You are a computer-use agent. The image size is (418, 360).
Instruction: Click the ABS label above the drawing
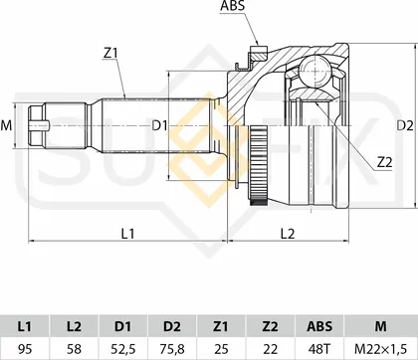[x=232, y=6]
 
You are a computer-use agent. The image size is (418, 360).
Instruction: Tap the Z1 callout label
[x=110, y=53]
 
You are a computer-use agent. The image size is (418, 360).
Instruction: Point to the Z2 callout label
[x=385, y=162]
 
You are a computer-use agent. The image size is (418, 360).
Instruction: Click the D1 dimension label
[x=160, y=126]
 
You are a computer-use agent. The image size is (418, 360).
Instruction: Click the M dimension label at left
[x=6, y=126]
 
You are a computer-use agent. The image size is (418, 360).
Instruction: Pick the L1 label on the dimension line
[x=127, y=234]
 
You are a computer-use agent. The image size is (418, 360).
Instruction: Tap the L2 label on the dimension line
[x=288, y=234]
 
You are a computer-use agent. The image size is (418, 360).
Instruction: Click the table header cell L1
[x=25, y=326]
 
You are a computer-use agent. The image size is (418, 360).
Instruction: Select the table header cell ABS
[x=319, y=326]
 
